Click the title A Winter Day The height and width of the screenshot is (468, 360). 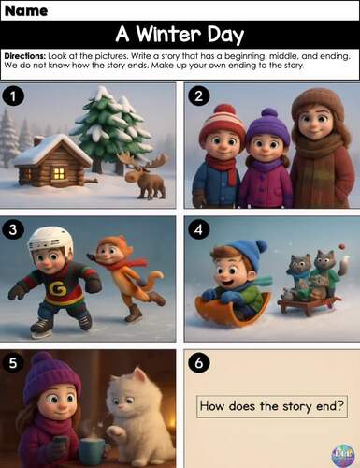click(x=180, y=36)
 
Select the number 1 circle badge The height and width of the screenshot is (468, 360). click(x=13, y=95)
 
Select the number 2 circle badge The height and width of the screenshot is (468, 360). click(x=197, y=95)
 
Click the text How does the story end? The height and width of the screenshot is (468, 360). click(x=271, y=406)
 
